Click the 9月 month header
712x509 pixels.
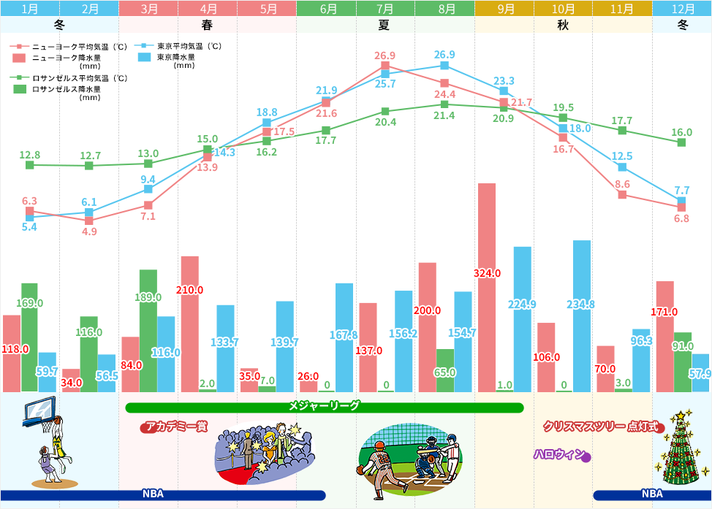(504, 9)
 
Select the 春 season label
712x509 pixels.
(208, 24)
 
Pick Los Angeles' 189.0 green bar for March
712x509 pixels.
(148, 330)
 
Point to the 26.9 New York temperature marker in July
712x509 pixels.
(385, 66)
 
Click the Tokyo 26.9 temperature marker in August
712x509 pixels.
(444, 66)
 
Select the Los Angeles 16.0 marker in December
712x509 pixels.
(681, 142)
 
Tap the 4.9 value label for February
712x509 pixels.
(89, 232)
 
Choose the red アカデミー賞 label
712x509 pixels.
(175, 426)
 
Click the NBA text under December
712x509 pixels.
(652, 494)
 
